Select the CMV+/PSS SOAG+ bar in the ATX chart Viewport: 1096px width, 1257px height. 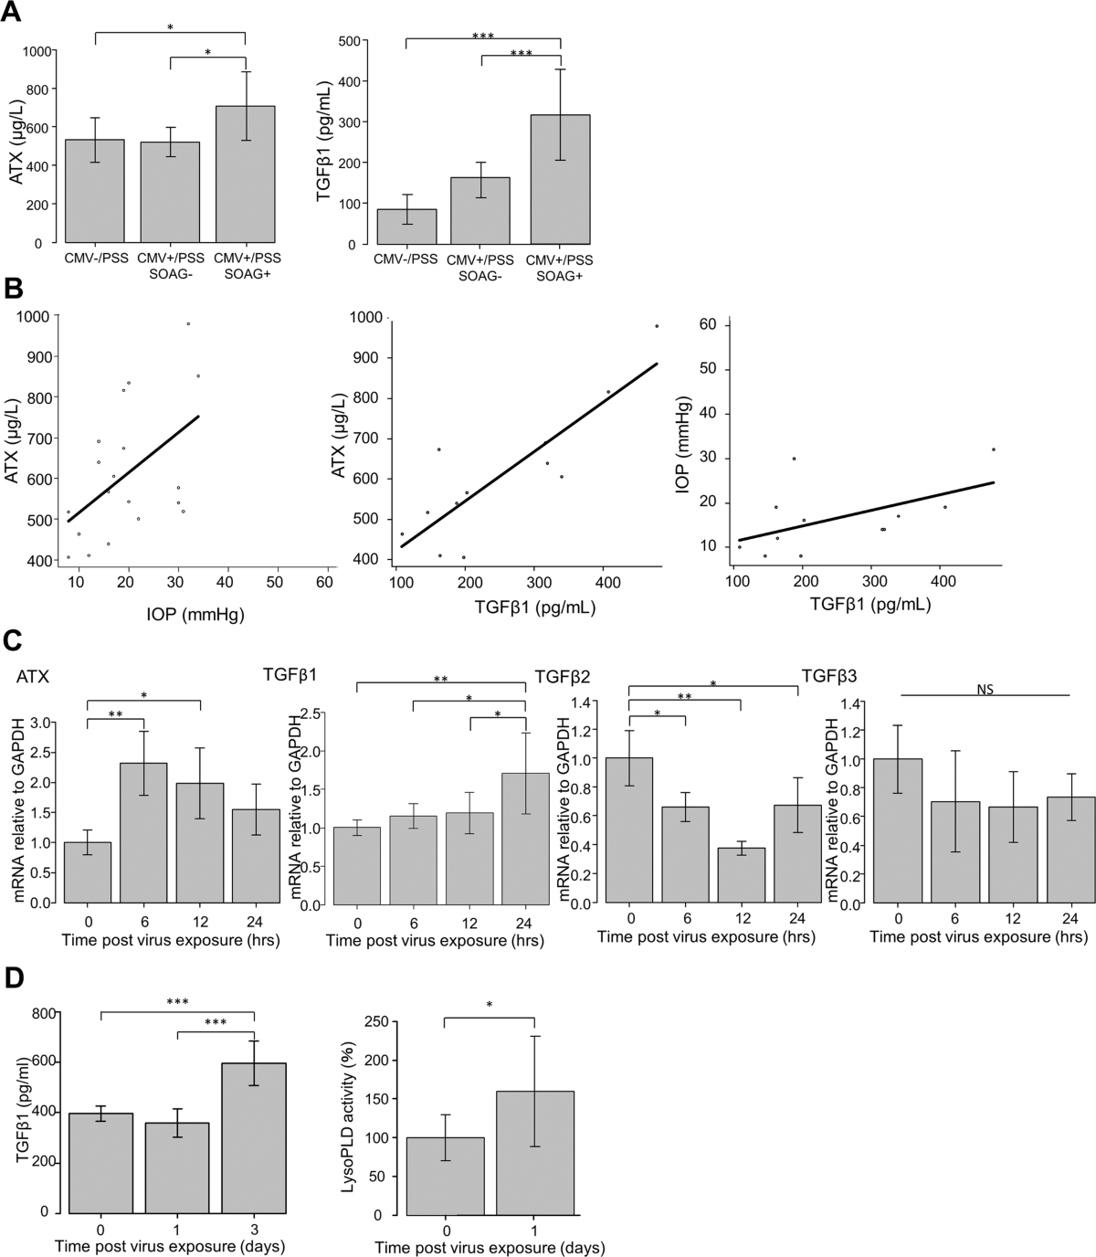[245, 174]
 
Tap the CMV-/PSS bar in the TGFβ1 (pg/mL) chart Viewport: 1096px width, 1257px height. [406, 227]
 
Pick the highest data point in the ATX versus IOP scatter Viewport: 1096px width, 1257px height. [188, 323]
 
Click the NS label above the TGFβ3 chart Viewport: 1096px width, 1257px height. [984, 691]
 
